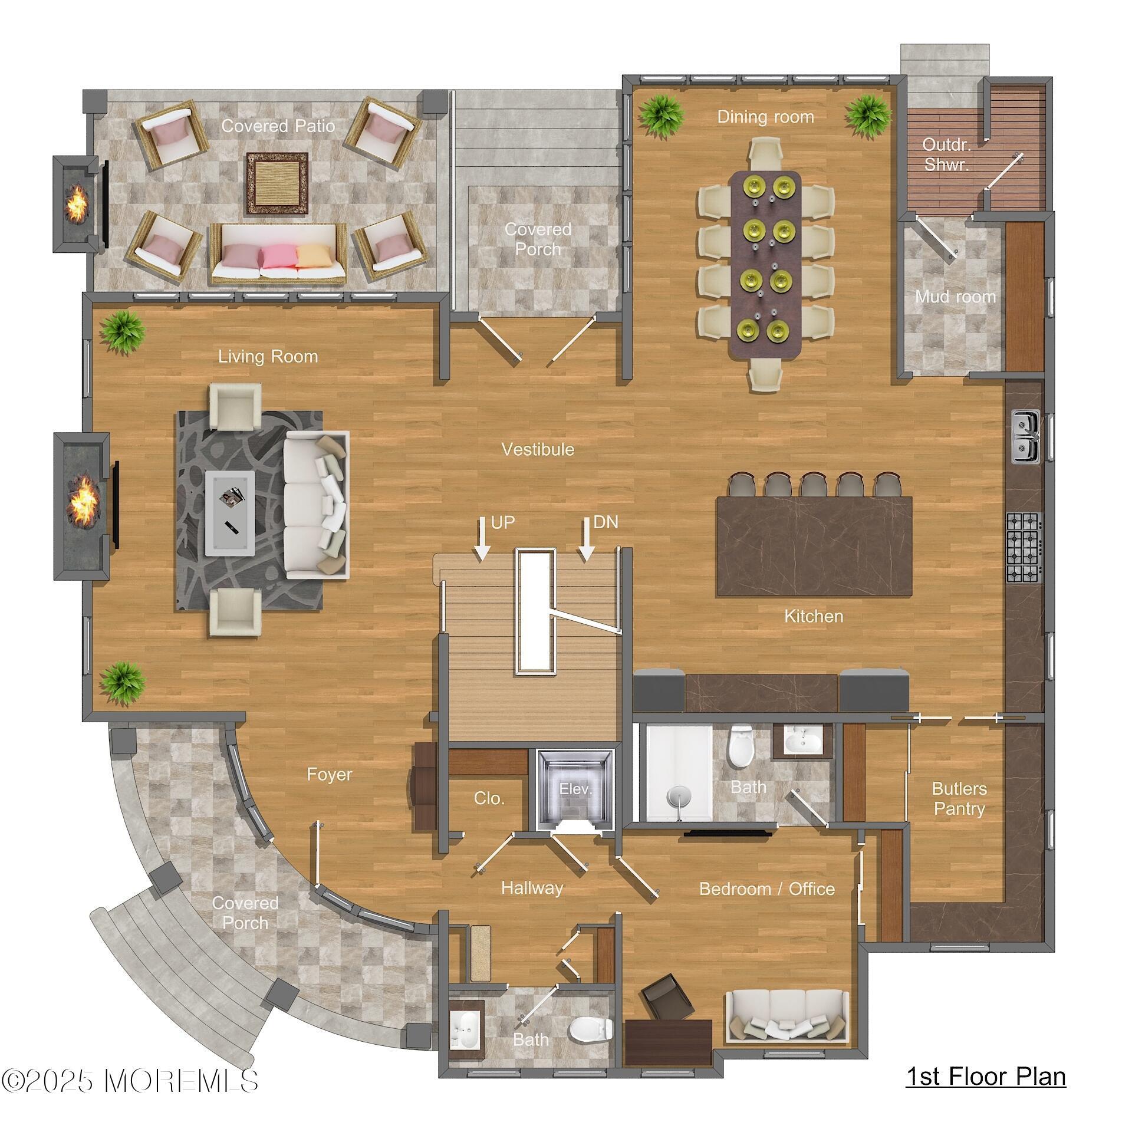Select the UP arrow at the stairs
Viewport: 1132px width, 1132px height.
point(482,538)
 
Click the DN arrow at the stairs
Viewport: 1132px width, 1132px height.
point(586,538)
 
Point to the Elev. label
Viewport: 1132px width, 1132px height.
point(575,789)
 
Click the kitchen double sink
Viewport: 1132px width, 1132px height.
point(1026,436)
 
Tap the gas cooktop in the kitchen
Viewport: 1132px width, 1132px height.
point(1024,547)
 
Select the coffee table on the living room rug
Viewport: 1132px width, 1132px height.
point(230,513)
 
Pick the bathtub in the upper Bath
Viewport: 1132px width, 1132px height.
point(679,774)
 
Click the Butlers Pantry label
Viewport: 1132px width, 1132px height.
point(959,798)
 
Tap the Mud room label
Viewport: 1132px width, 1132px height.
point(955,297)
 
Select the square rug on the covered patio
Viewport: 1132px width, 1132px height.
point(277,183)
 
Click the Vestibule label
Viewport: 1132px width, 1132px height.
point(538,449)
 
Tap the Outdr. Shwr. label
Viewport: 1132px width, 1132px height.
point(946,154)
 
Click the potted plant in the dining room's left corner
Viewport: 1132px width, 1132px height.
point(662,116)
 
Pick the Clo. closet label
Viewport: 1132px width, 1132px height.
point(489,798)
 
